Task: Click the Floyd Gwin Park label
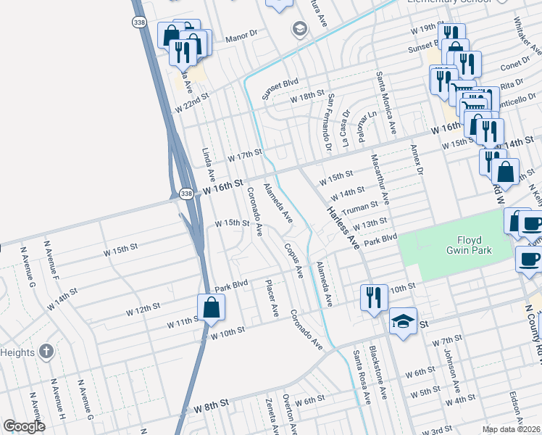click(x=474, y=245)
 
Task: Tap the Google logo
click(x=24, y=426)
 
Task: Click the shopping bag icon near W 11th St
click(x=210, y=307)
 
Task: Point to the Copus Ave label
click(x=294, y=261)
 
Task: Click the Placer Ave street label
click(x=272, y=298)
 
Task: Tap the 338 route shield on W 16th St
click(x=186, y=194)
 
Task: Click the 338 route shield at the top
click(x=138, y=23)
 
